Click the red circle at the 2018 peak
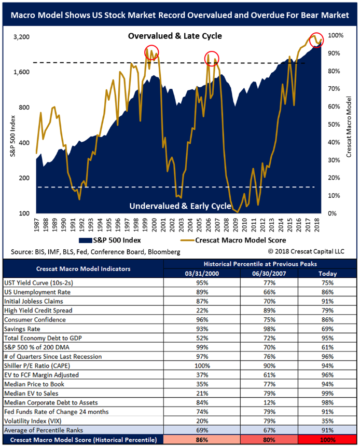click(316, 39)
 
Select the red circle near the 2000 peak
click(151, 52)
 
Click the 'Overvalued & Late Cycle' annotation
click(175, 36)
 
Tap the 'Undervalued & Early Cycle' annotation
click(179, 206)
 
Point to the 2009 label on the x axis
click(236, 224)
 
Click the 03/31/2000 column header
click(203, 273)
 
